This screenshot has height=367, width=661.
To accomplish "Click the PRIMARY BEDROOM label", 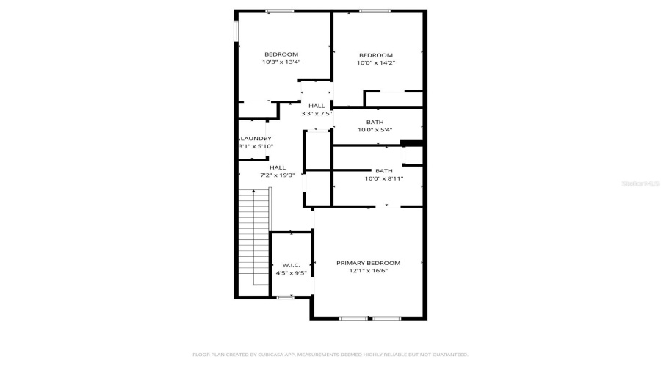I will coord(368,263).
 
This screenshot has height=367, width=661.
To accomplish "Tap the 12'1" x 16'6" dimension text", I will coord(368,271).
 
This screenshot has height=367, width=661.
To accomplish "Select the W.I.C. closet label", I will coord(281,265).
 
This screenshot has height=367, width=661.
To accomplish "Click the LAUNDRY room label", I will coord(256,139).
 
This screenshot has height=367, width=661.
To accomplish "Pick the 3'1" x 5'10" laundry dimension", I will coord(255,146).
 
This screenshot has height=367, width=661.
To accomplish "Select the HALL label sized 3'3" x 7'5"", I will coord(317,106).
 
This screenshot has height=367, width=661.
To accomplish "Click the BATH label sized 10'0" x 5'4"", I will coord(375,122).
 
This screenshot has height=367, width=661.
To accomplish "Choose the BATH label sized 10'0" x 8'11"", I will coord(383,170).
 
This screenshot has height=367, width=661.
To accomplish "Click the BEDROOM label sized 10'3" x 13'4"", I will coord(281,54).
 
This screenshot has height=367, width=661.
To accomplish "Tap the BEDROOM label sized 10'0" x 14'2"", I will coord(375,55).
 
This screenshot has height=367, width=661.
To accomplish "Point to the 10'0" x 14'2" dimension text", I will coord(375,63).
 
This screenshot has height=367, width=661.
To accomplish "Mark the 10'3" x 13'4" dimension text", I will coord(281,62).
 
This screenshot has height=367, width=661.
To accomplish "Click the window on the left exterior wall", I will coord(236,30).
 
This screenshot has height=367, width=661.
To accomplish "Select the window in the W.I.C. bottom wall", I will coord(284,297).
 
